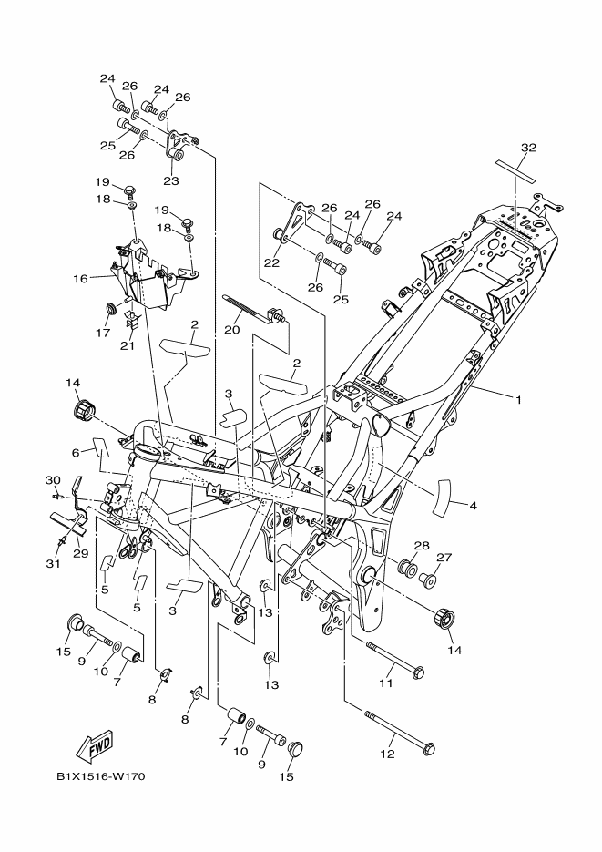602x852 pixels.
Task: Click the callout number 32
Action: (x=528, y=147)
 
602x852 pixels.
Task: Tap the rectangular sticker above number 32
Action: (x=528, y=169)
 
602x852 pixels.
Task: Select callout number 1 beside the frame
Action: (x=518, y=398)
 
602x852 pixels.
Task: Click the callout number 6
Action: (x=77, y=452)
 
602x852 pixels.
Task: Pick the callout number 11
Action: (x=385, y=682)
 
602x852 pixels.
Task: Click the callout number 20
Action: (x=232, y=329)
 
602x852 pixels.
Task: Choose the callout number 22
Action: (x=270, y=262)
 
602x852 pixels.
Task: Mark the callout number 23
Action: (x=170, y=180)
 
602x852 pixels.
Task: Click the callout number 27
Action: (x=444, y=558)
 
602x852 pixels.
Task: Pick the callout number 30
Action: (x=52, y=479)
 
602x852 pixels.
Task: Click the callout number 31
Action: (x=53, y=563)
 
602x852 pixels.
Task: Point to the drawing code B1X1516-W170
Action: (x=100, y=777)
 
